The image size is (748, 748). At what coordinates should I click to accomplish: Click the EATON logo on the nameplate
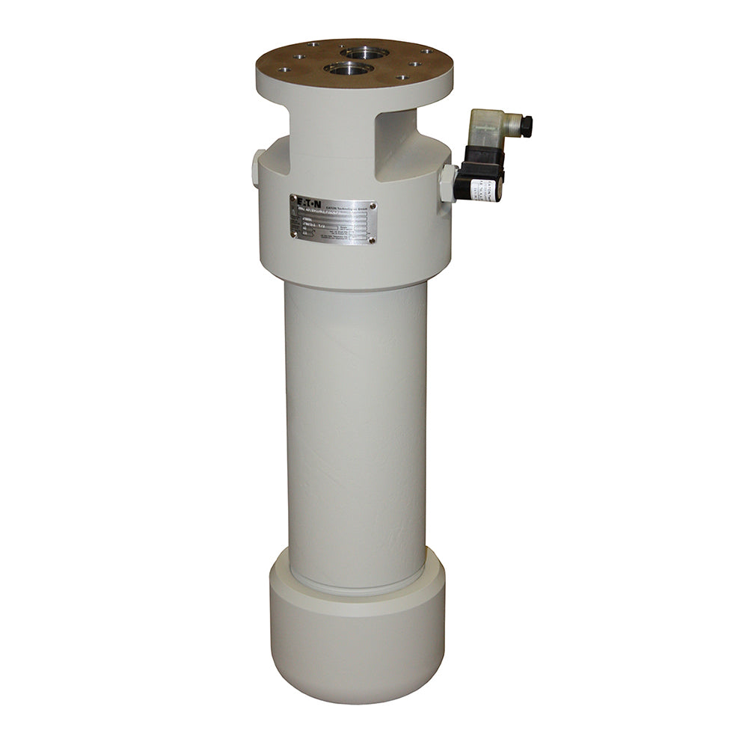307,203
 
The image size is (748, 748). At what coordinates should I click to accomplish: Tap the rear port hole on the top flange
364,53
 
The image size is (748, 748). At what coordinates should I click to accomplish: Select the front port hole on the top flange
349,69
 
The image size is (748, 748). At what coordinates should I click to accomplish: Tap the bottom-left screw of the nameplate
294,233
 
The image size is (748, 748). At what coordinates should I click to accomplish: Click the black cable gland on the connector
526,126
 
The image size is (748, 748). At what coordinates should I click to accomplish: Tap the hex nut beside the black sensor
448,183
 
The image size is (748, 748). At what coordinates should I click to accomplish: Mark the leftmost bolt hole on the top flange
284,70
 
